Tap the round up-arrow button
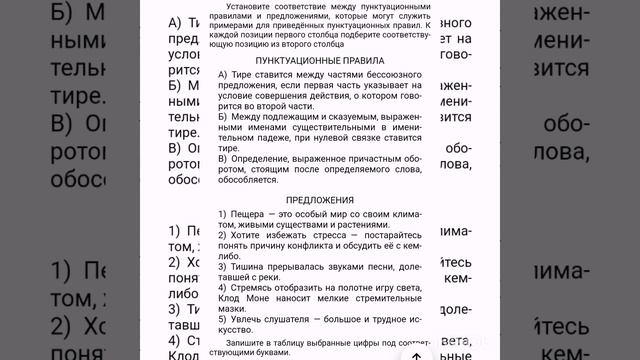415,352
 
